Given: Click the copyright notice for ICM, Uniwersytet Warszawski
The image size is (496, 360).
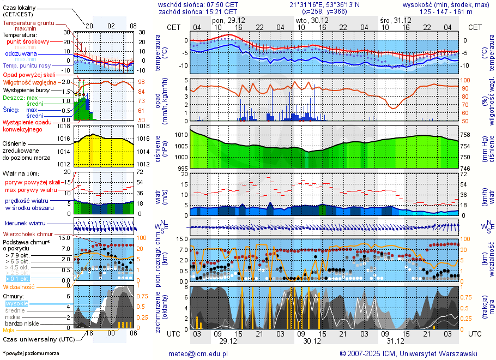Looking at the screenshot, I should click(408, 353).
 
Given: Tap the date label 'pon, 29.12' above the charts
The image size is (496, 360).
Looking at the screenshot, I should click(228, 20).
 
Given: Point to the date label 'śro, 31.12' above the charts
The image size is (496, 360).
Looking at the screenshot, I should click(396, 20).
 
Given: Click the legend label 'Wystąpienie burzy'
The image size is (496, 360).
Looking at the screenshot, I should click(26, 89).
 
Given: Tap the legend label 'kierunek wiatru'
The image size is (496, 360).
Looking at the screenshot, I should click(25, 224).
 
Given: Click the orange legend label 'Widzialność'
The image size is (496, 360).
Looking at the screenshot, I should click(19, 286).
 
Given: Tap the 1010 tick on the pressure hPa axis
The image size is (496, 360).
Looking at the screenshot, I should click(180, 135).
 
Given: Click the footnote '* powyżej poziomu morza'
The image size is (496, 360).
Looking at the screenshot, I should click(31, 353).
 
